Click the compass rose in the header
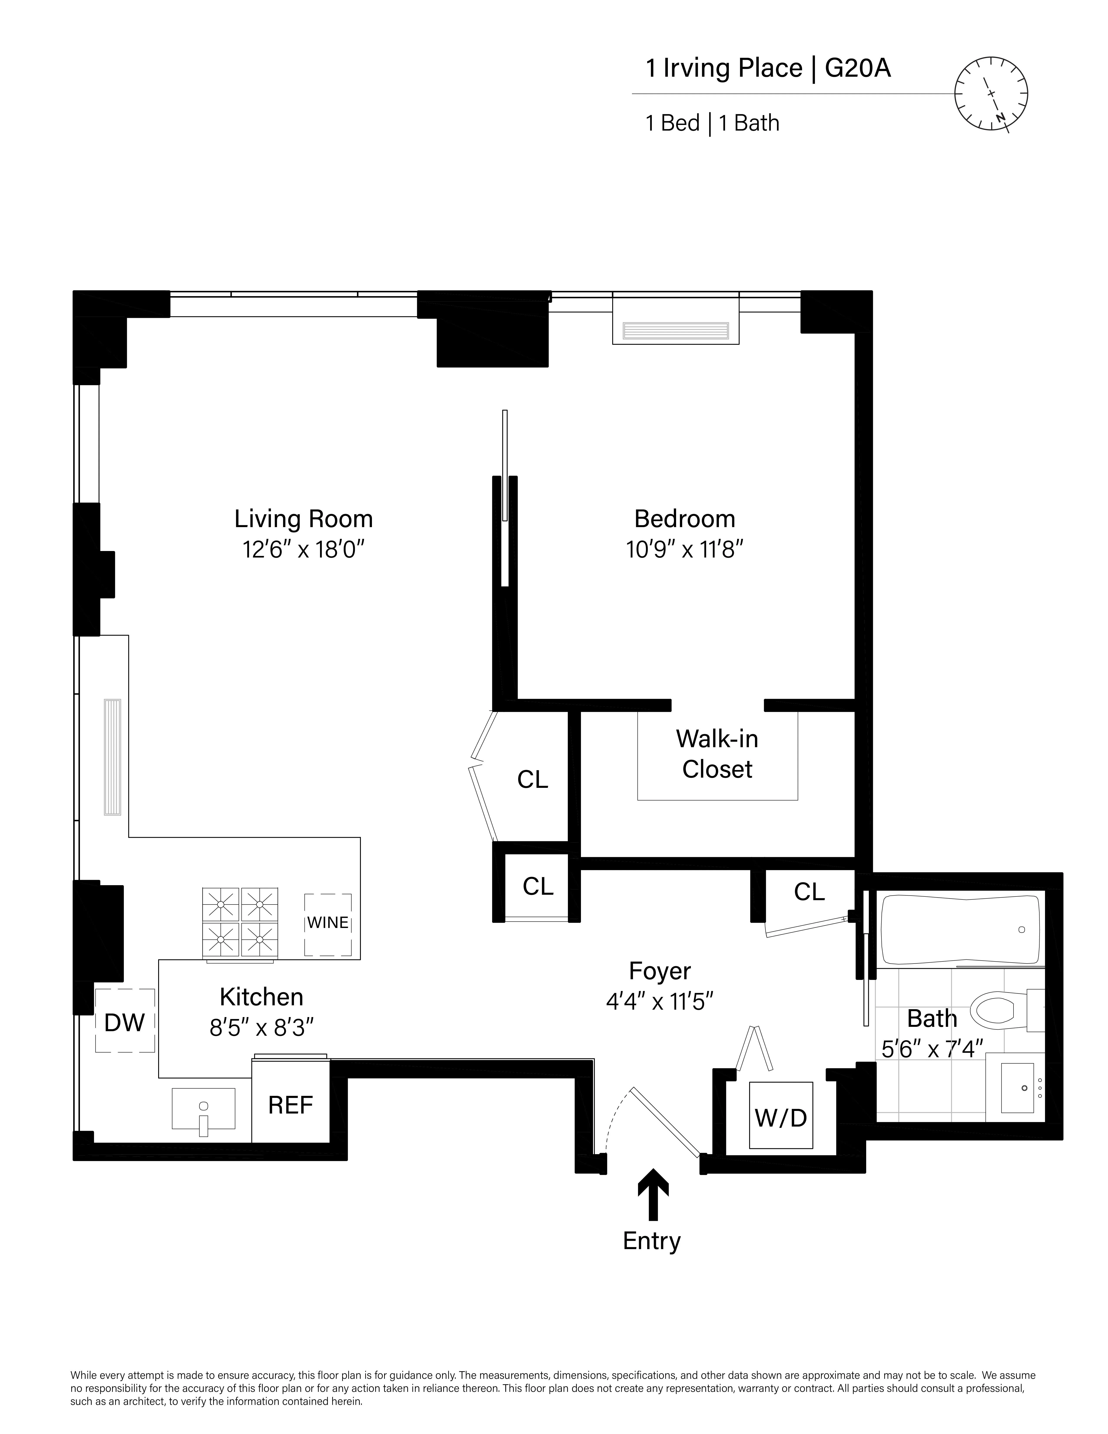tap(990, 94)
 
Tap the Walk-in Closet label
tap(717, 754)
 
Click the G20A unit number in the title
tap(857, 68)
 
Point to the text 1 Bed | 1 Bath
tap(712, 123)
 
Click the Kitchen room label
tap(261, 997)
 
